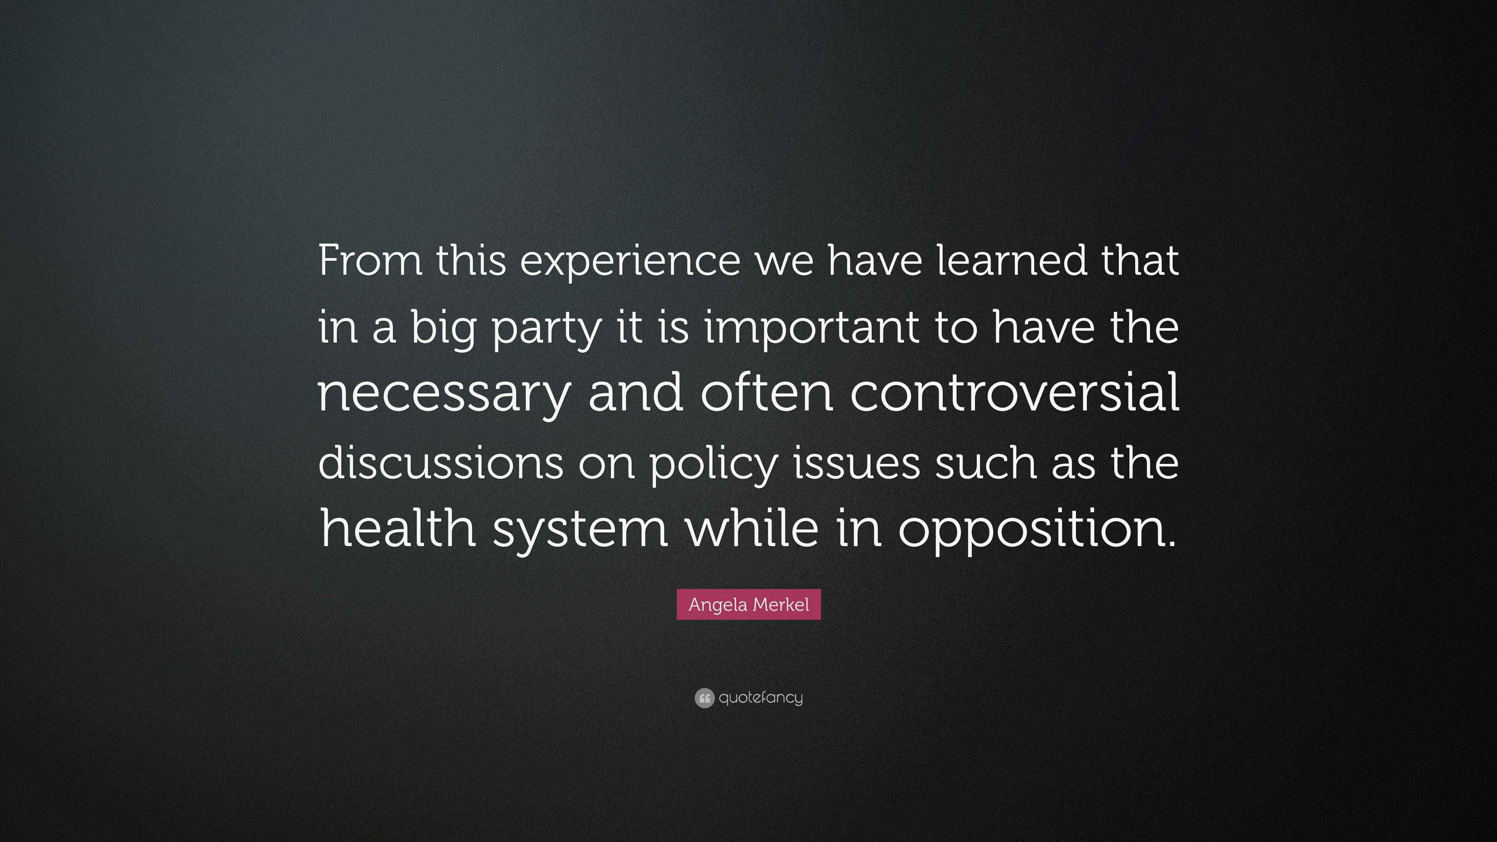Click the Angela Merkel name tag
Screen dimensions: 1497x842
(x=748, y=604)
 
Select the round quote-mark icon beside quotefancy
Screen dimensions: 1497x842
(x=704, y=698)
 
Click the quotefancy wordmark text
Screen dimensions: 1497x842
(x=761, y=697)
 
